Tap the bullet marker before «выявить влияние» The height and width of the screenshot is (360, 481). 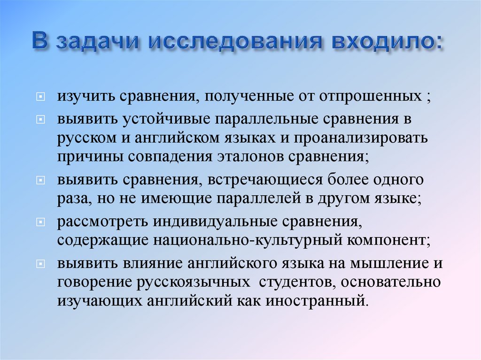coord(41,263)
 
